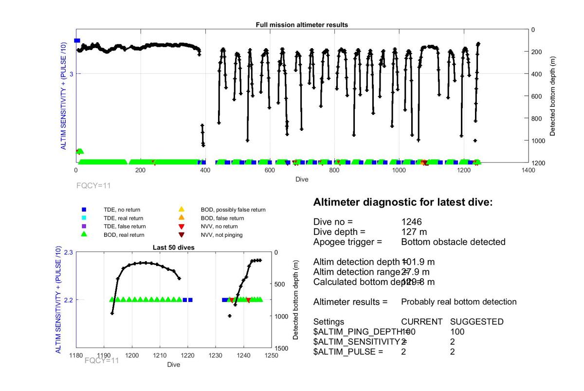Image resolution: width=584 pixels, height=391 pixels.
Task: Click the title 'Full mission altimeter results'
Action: [x=302, y=25]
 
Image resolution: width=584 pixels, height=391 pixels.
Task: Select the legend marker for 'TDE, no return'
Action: [x=84, y=210]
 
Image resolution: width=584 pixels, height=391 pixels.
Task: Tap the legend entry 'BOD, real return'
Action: [x=124, y=235]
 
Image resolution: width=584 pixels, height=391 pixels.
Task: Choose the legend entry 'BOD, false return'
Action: [x=222, y=218]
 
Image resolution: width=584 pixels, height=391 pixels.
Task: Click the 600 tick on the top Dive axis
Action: [x=270, y=170]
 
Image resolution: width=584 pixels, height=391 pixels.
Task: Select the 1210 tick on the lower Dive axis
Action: [x=160, y=355]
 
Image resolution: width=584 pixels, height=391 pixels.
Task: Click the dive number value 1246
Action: [x=411, y=222]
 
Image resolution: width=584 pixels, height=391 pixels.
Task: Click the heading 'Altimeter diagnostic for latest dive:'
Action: [x=403, y=202]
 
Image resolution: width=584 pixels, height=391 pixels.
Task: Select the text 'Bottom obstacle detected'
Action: [x=453, y=242]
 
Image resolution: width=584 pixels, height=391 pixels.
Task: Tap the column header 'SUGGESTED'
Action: [x=476, y=322]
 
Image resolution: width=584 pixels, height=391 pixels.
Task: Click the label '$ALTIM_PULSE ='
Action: [x=348, y=352]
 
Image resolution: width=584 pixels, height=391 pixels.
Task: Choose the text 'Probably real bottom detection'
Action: [x=458, y=302]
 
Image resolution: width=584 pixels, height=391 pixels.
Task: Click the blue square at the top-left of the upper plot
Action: [x=77, y=41]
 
